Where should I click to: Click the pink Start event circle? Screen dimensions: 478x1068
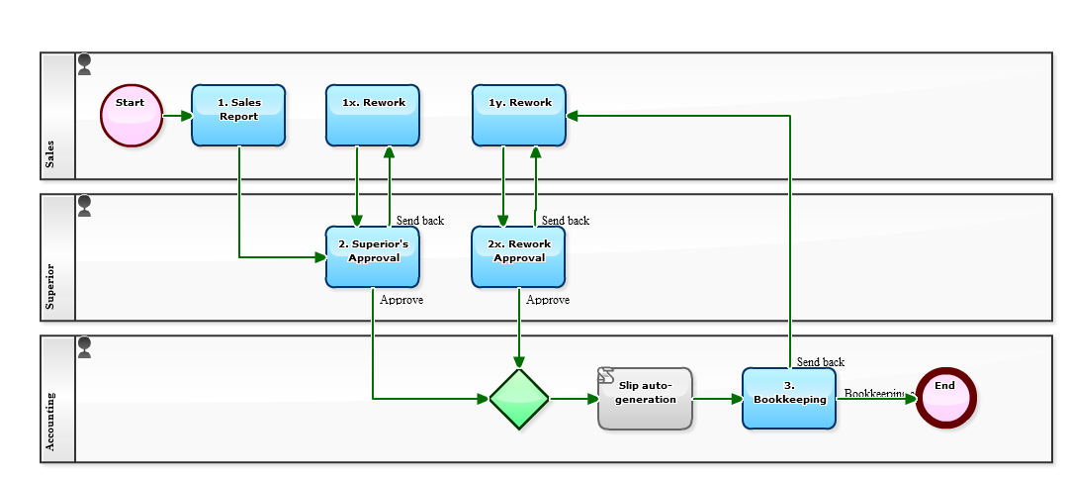point(131,116)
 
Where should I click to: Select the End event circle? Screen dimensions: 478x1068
point(945,399)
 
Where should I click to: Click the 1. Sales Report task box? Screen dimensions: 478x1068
point(238,116)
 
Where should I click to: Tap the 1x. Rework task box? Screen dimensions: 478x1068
point(373,116)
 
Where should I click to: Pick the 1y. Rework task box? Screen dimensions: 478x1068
point(519,116)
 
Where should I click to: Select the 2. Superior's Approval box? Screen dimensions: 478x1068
point(373,256)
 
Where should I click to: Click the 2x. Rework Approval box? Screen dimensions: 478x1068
point(518,256)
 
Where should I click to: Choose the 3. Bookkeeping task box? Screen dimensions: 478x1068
point(789,399)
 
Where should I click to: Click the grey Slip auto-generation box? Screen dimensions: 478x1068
point(645,399)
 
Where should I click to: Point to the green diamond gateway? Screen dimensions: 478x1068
point(519,399)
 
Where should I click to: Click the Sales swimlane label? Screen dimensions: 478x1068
point(50,153)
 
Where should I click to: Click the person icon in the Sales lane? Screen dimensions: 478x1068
point(85,65)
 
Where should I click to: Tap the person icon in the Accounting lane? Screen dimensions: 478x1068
point(85,347)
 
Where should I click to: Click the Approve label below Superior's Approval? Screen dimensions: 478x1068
point(401,300)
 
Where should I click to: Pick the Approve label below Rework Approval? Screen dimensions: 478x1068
point(548,300)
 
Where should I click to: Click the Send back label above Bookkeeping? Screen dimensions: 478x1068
point(820,362)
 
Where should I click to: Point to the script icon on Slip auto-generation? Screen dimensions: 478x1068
point(606,377)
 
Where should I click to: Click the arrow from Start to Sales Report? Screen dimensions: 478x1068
point(178,116)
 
